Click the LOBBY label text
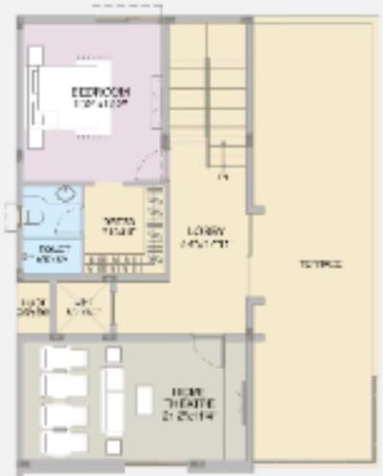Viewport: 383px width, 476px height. pyautogui.click(x=206, y=235)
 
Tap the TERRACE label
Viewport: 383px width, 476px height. pyautogui.click(x=319, y=264)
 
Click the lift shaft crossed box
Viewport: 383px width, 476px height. pyautogui.click(x=83, y=308)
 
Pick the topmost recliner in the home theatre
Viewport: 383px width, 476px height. pyautogui.click(x=64, y=359)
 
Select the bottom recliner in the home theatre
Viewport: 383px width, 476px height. pyautogui.click(x=64, y=442)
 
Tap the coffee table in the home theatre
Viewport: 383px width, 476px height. pyautogui.click(x=145, y=400)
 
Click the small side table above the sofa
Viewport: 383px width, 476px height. pyautogui.click(x=113, y=354)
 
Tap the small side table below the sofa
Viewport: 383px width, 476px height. pyautogui.click(x=113, y=446)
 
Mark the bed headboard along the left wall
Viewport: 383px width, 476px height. pyautogui.click(x=34, y=105)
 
